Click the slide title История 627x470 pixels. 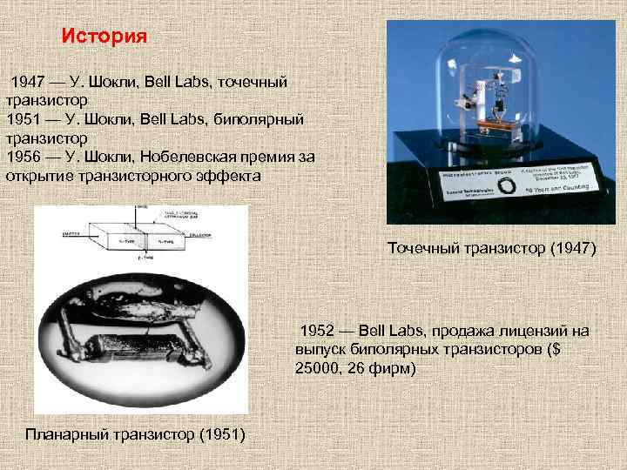104,37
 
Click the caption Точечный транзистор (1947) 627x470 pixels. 491,249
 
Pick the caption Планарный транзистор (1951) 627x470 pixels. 136,434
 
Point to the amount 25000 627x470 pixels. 322,369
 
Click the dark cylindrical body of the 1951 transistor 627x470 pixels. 126,348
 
